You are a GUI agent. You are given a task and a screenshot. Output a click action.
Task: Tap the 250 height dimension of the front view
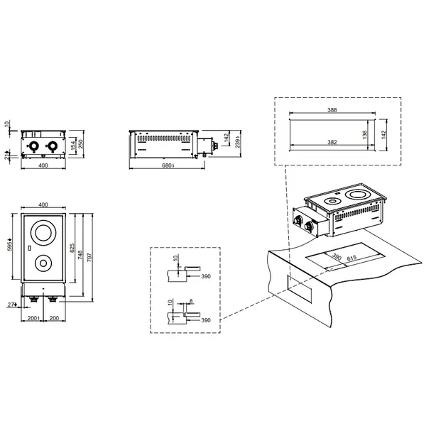coord(82,144)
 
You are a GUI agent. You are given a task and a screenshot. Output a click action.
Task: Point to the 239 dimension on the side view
coord(239,142)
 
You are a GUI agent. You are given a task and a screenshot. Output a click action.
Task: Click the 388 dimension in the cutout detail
coord(328,111)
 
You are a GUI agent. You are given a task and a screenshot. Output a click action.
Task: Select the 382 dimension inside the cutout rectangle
coord(328,143)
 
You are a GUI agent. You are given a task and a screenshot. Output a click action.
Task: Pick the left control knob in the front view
coord(33,147)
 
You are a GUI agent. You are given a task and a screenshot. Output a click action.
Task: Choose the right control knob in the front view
coord(51,147)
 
